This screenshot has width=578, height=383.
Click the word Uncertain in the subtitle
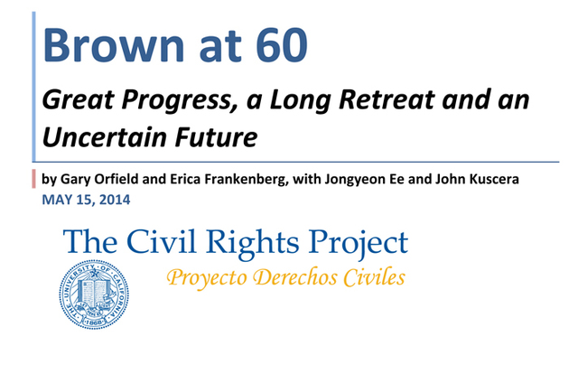(98, 137)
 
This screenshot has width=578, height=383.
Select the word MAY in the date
(57, 199)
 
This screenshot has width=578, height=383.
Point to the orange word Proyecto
(204, 277)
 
